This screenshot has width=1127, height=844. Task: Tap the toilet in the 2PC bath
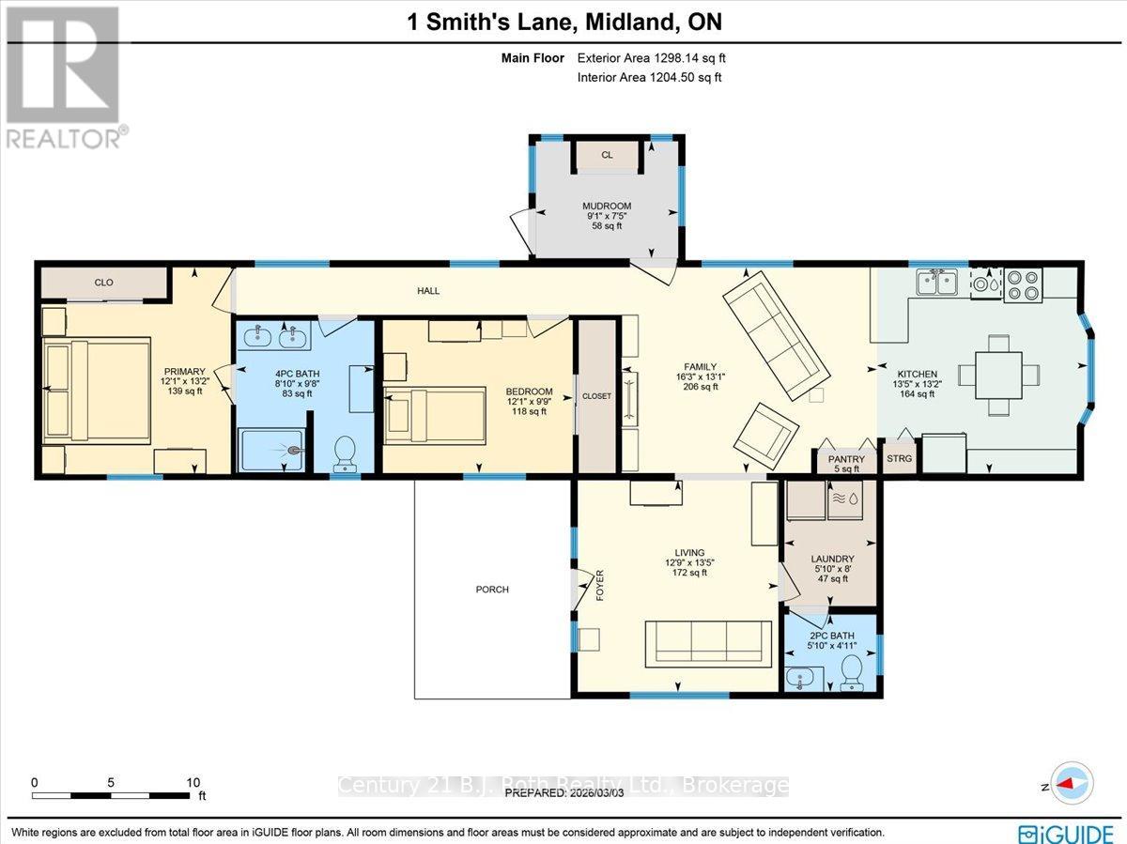(x=853, y=670)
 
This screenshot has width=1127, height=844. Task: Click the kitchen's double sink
(x=938, y=283)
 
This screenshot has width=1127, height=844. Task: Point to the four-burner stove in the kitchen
(x=1023, y=284)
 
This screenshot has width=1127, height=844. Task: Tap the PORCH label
(x=492, y=590)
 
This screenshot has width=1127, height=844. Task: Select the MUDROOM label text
(x=606, y=206)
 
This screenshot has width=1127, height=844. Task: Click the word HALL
(x=428, y=291)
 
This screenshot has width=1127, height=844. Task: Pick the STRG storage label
(x=899, y=459)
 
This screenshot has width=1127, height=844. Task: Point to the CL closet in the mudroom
(x=607, y=155)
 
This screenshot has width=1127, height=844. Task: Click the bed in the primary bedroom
(x=97, y=390)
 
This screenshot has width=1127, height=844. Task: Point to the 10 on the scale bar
(x=193, y=782)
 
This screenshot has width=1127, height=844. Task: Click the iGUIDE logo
(x=1070, y=832)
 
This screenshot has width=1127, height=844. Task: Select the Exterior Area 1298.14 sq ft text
(x=651, y=58)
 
